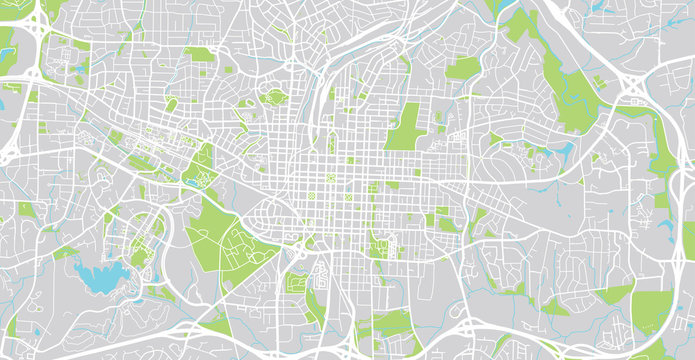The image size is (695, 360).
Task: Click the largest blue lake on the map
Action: coord(104,278)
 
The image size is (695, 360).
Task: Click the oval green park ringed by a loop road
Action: coord(272,98)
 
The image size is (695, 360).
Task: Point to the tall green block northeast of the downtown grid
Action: coord(404,127)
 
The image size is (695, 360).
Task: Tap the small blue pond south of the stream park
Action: coord(566,151)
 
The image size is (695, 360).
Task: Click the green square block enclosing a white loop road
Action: coord(297,283)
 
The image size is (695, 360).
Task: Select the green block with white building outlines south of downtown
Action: coord(381,244)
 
